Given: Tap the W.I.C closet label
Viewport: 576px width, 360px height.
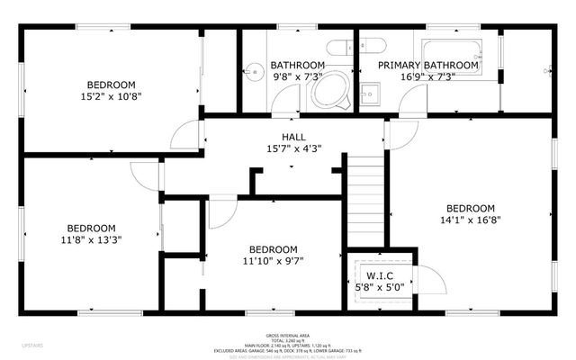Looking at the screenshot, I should [x=377, y=274].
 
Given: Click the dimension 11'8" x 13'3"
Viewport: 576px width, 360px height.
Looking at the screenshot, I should [x=90, y=239].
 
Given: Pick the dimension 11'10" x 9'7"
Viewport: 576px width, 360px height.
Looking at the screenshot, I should [x=273, y=262].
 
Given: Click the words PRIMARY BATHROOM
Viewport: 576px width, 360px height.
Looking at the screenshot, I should [x=427, y=66].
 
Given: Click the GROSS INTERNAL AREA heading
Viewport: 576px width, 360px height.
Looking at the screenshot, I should [x=287, y=333].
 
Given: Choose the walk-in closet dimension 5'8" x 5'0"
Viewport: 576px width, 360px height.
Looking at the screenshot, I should [x=377, y=287].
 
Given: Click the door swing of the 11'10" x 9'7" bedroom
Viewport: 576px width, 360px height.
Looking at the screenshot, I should [x=221, y=212].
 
